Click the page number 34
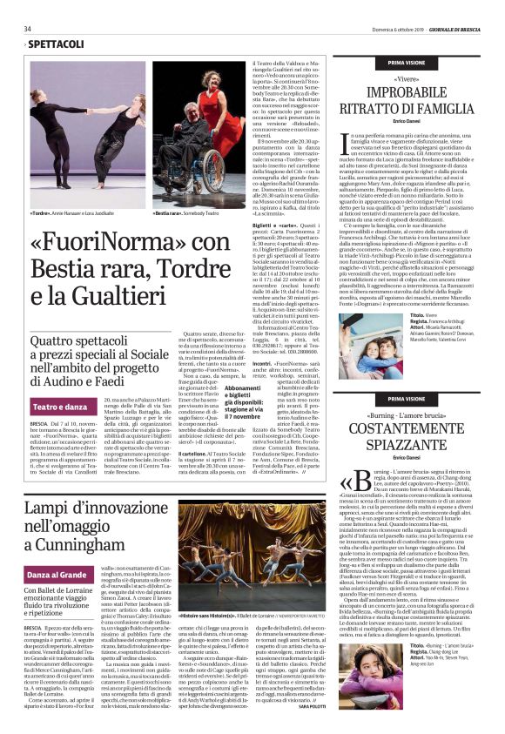(28, 28)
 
